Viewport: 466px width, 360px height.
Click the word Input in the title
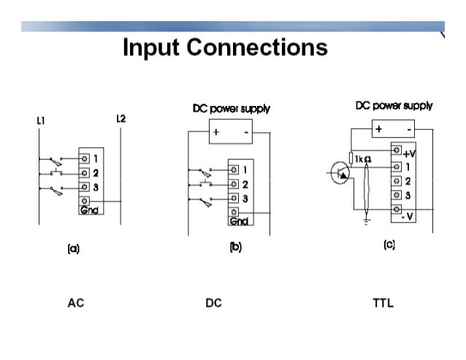pyautogui.click(x=151, y=47)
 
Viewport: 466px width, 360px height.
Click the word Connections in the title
pyautogui.click(x=257, y=47)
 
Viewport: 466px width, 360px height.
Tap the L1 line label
pyautogui.click(x=41, y=120)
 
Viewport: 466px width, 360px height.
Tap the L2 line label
pyautogui.click(x=121, y=119)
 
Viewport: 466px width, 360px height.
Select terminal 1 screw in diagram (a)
pyautogui.click(x=85, y=158)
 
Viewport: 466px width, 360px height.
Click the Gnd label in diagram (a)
pyautogui.click(x=89, y=210)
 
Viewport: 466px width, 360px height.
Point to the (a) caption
pyautogui.click(x=74, y=248)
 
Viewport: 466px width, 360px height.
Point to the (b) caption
pyautogui.click(x=236, y=247)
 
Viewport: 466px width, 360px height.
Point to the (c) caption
pyautogui.click(x=389, y=245)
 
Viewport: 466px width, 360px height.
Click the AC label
pyautogui.click(x=76, y=303)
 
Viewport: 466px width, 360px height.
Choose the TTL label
pyautogui.click(x=383, y=303)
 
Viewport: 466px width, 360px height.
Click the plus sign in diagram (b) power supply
pyautogui.click(x=216, y=132)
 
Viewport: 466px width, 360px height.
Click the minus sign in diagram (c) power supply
pyautogui.click(x=409, y=129)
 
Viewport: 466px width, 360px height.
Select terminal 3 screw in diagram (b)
pyautogui.click(x=234, y=198)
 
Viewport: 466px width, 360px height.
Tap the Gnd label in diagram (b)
pyautogui.click(x=239, y=221)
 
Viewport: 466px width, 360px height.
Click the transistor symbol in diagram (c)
pyautogui.click(x=340, y=172)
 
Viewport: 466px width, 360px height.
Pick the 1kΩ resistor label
pyautogui.click(x=363, y=159)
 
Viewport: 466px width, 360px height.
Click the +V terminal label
pyautogui.click(x=409, y=154)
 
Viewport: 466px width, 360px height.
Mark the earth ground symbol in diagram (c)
pyautogui.click(x=367, y=221)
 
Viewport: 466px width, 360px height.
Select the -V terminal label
pyautogui.click(x=408, y=217)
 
